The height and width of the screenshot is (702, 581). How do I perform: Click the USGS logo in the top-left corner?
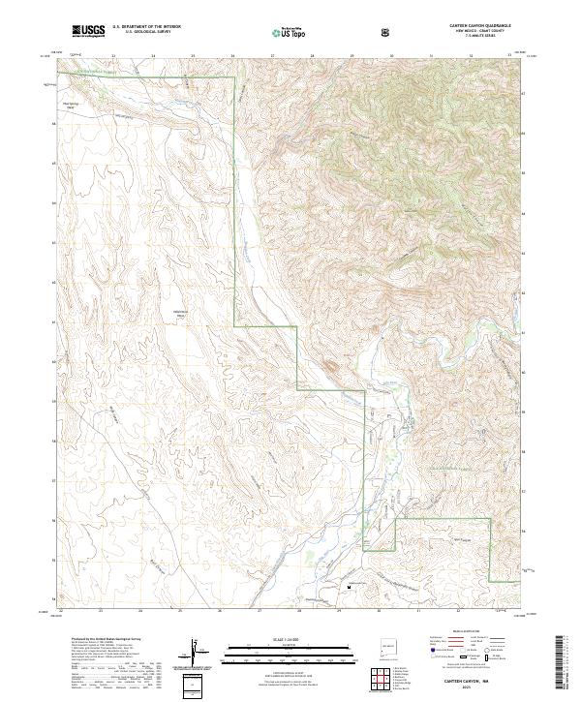coord(88,32)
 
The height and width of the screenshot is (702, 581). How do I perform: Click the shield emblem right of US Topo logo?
coord(388,32)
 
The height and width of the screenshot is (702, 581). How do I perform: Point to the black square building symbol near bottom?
coord(350,585)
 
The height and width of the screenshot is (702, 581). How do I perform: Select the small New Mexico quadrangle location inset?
coord(387,642)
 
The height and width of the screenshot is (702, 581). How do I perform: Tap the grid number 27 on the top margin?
coord(273,55)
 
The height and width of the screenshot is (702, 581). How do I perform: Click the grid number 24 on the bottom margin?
coord(140,611)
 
